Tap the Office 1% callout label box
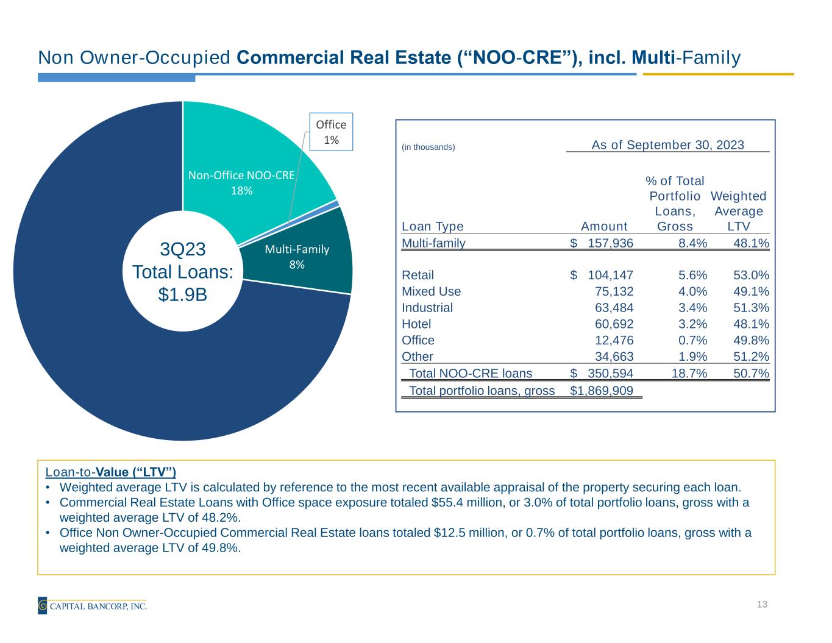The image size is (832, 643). tap(331, 132)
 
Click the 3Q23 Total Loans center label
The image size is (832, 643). tap(183, 272)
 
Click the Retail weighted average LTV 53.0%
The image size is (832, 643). tap(751, 275)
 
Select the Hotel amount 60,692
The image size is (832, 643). tap(614, 324)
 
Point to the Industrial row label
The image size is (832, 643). tap(427, 308)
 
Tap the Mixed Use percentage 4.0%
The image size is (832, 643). tap(692, 292)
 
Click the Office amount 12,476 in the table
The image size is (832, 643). tap(614, 341)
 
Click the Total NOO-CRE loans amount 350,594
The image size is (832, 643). tap(610, 374)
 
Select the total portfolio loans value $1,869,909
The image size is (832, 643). tap(602, 391)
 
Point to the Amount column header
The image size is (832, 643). tap(604, 227)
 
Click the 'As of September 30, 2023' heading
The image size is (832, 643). tap(667, 145)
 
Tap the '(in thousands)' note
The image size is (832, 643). tap(428, 147)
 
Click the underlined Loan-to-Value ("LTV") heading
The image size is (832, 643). tap(110, 472)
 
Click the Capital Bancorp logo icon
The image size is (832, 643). tap(43, 606)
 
